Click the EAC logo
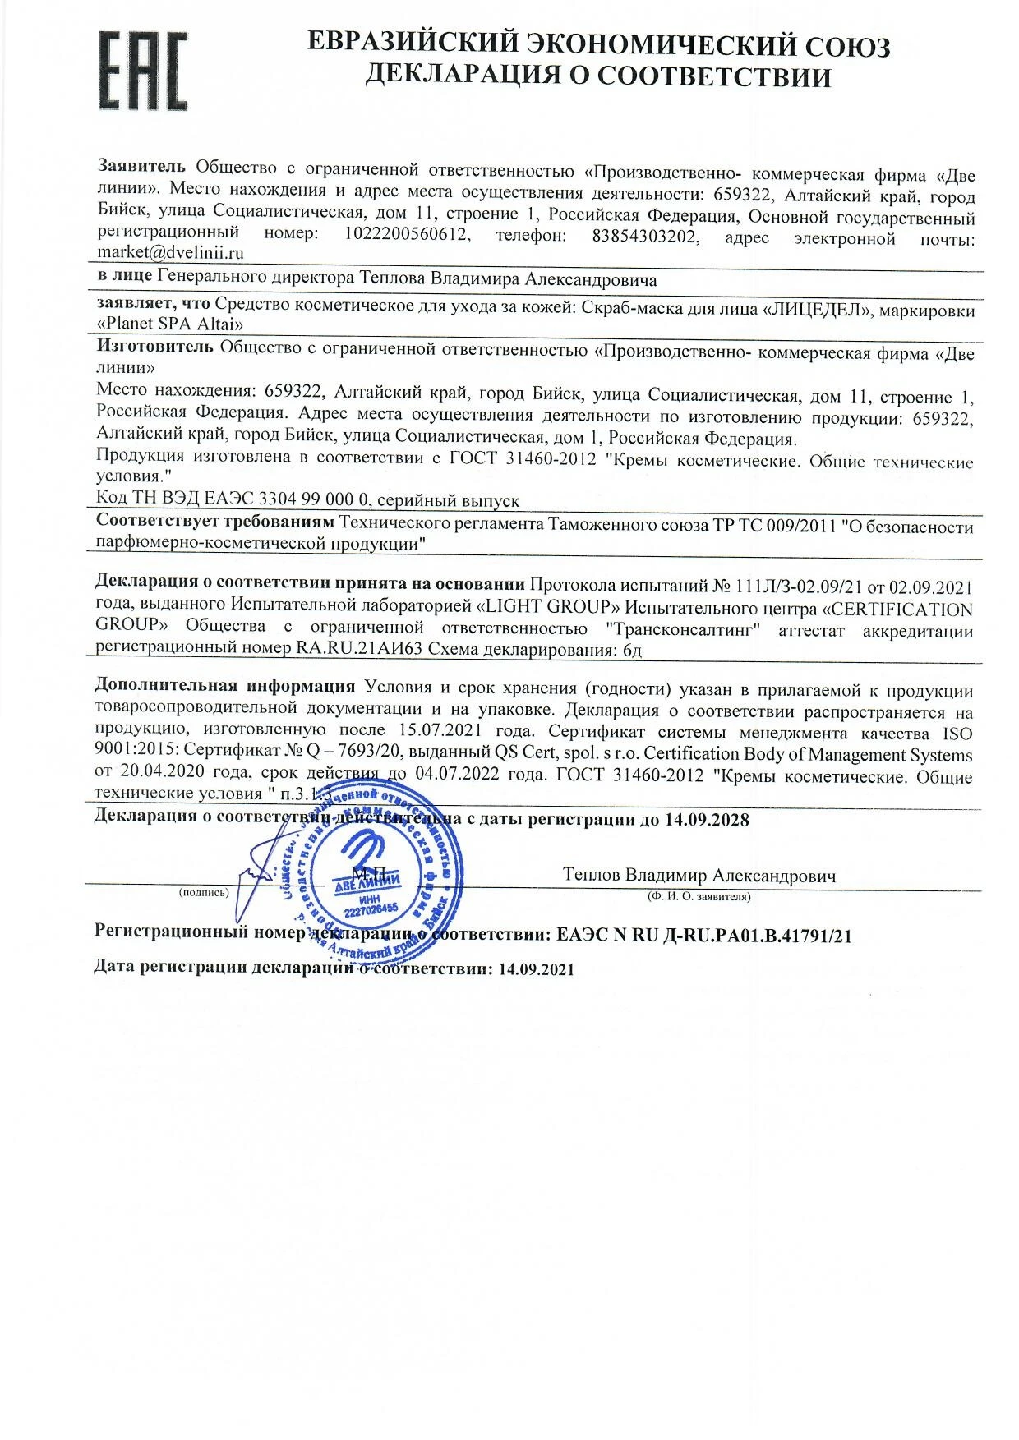[143, 71]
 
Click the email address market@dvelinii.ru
[170, 254]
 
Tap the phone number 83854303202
[645, 237]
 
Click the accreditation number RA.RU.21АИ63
[357, 649]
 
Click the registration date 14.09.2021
[536, 968]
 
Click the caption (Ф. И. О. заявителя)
[699, 897]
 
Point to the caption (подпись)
[204, 893]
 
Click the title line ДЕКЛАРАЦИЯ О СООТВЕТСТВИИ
[597, 76]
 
